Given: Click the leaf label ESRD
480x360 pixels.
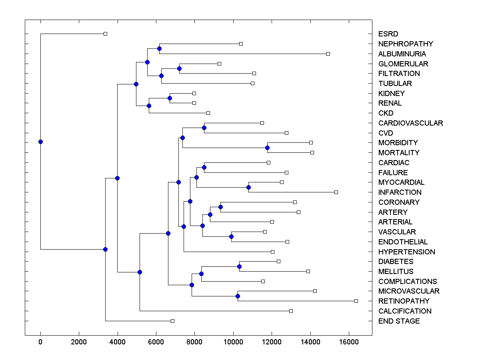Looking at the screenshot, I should click(x=388, y=34).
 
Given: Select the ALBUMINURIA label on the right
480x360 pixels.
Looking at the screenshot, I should click(x=402, y=54).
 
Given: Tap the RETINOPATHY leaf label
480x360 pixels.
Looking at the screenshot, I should click(x=404, y=301).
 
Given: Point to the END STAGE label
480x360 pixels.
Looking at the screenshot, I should click(x=399, y=321).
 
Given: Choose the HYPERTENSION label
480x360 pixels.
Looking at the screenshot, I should click(x=406, y=252).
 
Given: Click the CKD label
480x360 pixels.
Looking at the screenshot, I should click(x=386, y=113).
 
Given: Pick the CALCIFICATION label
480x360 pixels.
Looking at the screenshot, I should click(x=405, y=311).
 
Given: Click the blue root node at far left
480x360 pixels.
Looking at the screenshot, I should click(x=40, y=142).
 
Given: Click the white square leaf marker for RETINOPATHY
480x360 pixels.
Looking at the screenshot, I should click(x=356, y=301).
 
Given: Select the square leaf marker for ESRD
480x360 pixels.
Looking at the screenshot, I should click(x=105, y=34).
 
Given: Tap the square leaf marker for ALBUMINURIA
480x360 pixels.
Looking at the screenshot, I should click(x=328, y=54).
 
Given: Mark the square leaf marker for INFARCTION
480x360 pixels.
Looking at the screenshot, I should click(x=336, y=192).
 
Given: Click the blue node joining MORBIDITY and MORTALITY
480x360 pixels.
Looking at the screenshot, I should click(x=267, y=148).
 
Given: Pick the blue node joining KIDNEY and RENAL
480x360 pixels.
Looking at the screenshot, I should click(x=170, y=98).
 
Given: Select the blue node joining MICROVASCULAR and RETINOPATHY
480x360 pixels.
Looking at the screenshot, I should click(x=238, y=296).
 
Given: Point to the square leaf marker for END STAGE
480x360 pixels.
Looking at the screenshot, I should click(x=172, y=321).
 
